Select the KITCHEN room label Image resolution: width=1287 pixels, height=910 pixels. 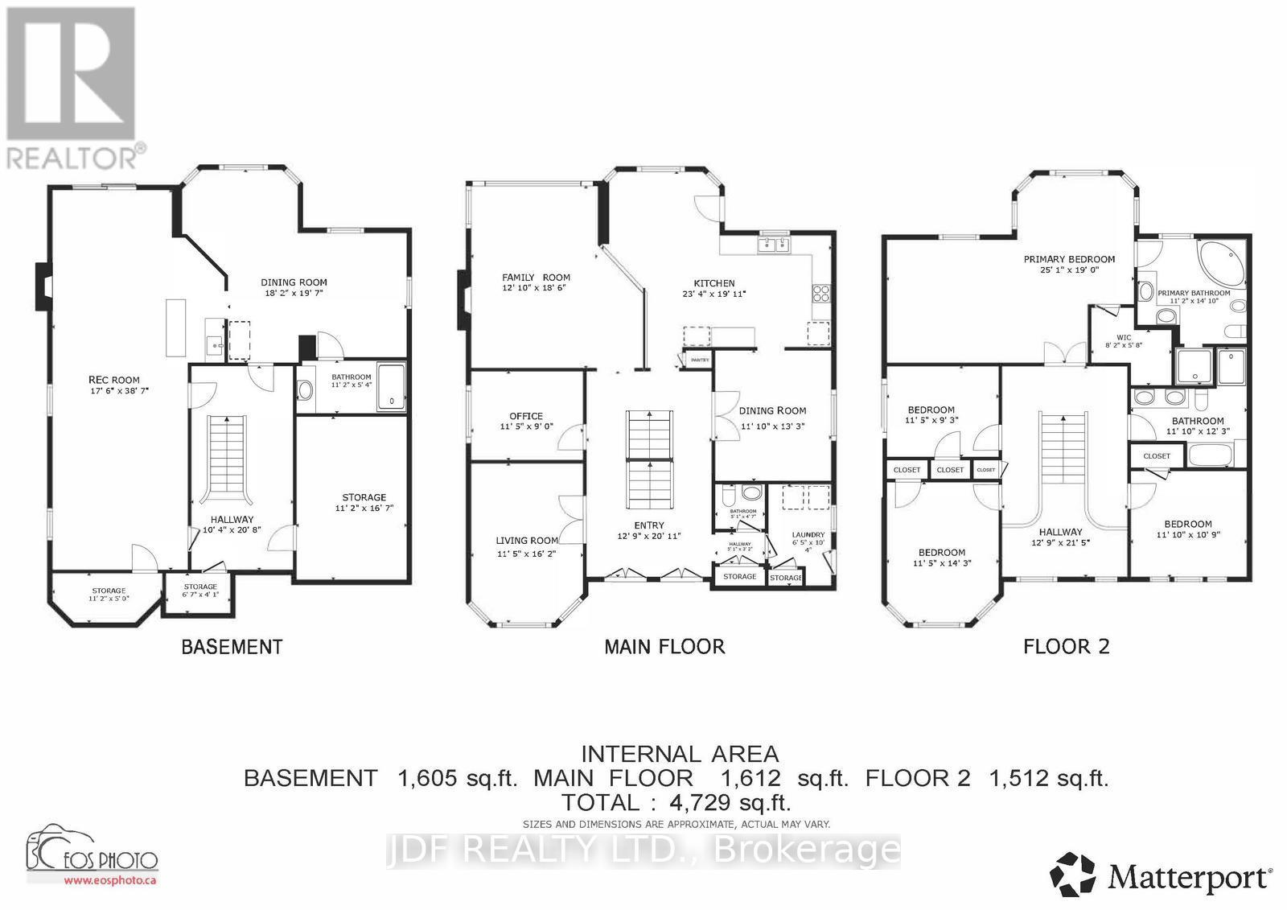click(714, 283)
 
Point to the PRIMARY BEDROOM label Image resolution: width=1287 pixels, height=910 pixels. click(1069, 259)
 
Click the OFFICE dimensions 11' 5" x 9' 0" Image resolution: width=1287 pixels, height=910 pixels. click(526, 427)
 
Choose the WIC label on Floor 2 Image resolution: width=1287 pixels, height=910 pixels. click(1124, 338)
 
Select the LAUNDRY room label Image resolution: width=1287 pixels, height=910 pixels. click(808, 534)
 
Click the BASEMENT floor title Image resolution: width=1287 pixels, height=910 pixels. click(232, 646)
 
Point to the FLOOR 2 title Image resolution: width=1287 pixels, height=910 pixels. click(1066, 646)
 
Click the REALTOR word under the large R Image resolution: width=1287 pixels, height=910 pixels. click(72, 158)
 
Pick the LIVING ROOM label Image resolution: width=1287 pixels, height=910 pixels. click(526, 541)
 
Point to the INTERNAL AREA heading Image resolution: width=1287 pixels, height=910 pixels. click(680, 754)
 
